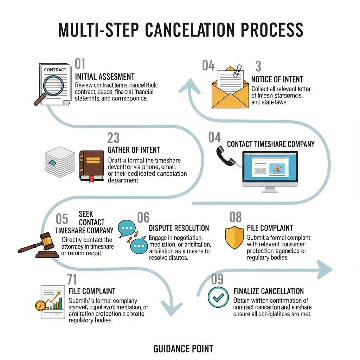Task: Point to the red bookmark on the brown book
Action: click(91, 178)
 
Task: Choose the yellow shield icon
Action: click(234, 237)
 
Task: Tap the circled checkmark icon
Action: click(218, 297)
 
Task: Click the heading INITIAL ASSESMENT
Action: click(105, 77)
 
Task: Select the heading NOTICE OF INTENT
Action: click(277, 80)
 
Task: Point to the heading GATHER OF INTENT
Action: click(134, 150)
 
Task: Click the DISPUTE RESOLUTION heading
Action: click(179, 228)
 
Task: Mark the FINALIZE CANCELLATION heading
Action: click(269, 291)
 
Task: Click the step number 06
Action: click(143, 218)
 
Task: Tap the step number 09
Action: click(217, 279)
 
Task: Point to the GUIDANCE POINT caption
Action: click(183, 349)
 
